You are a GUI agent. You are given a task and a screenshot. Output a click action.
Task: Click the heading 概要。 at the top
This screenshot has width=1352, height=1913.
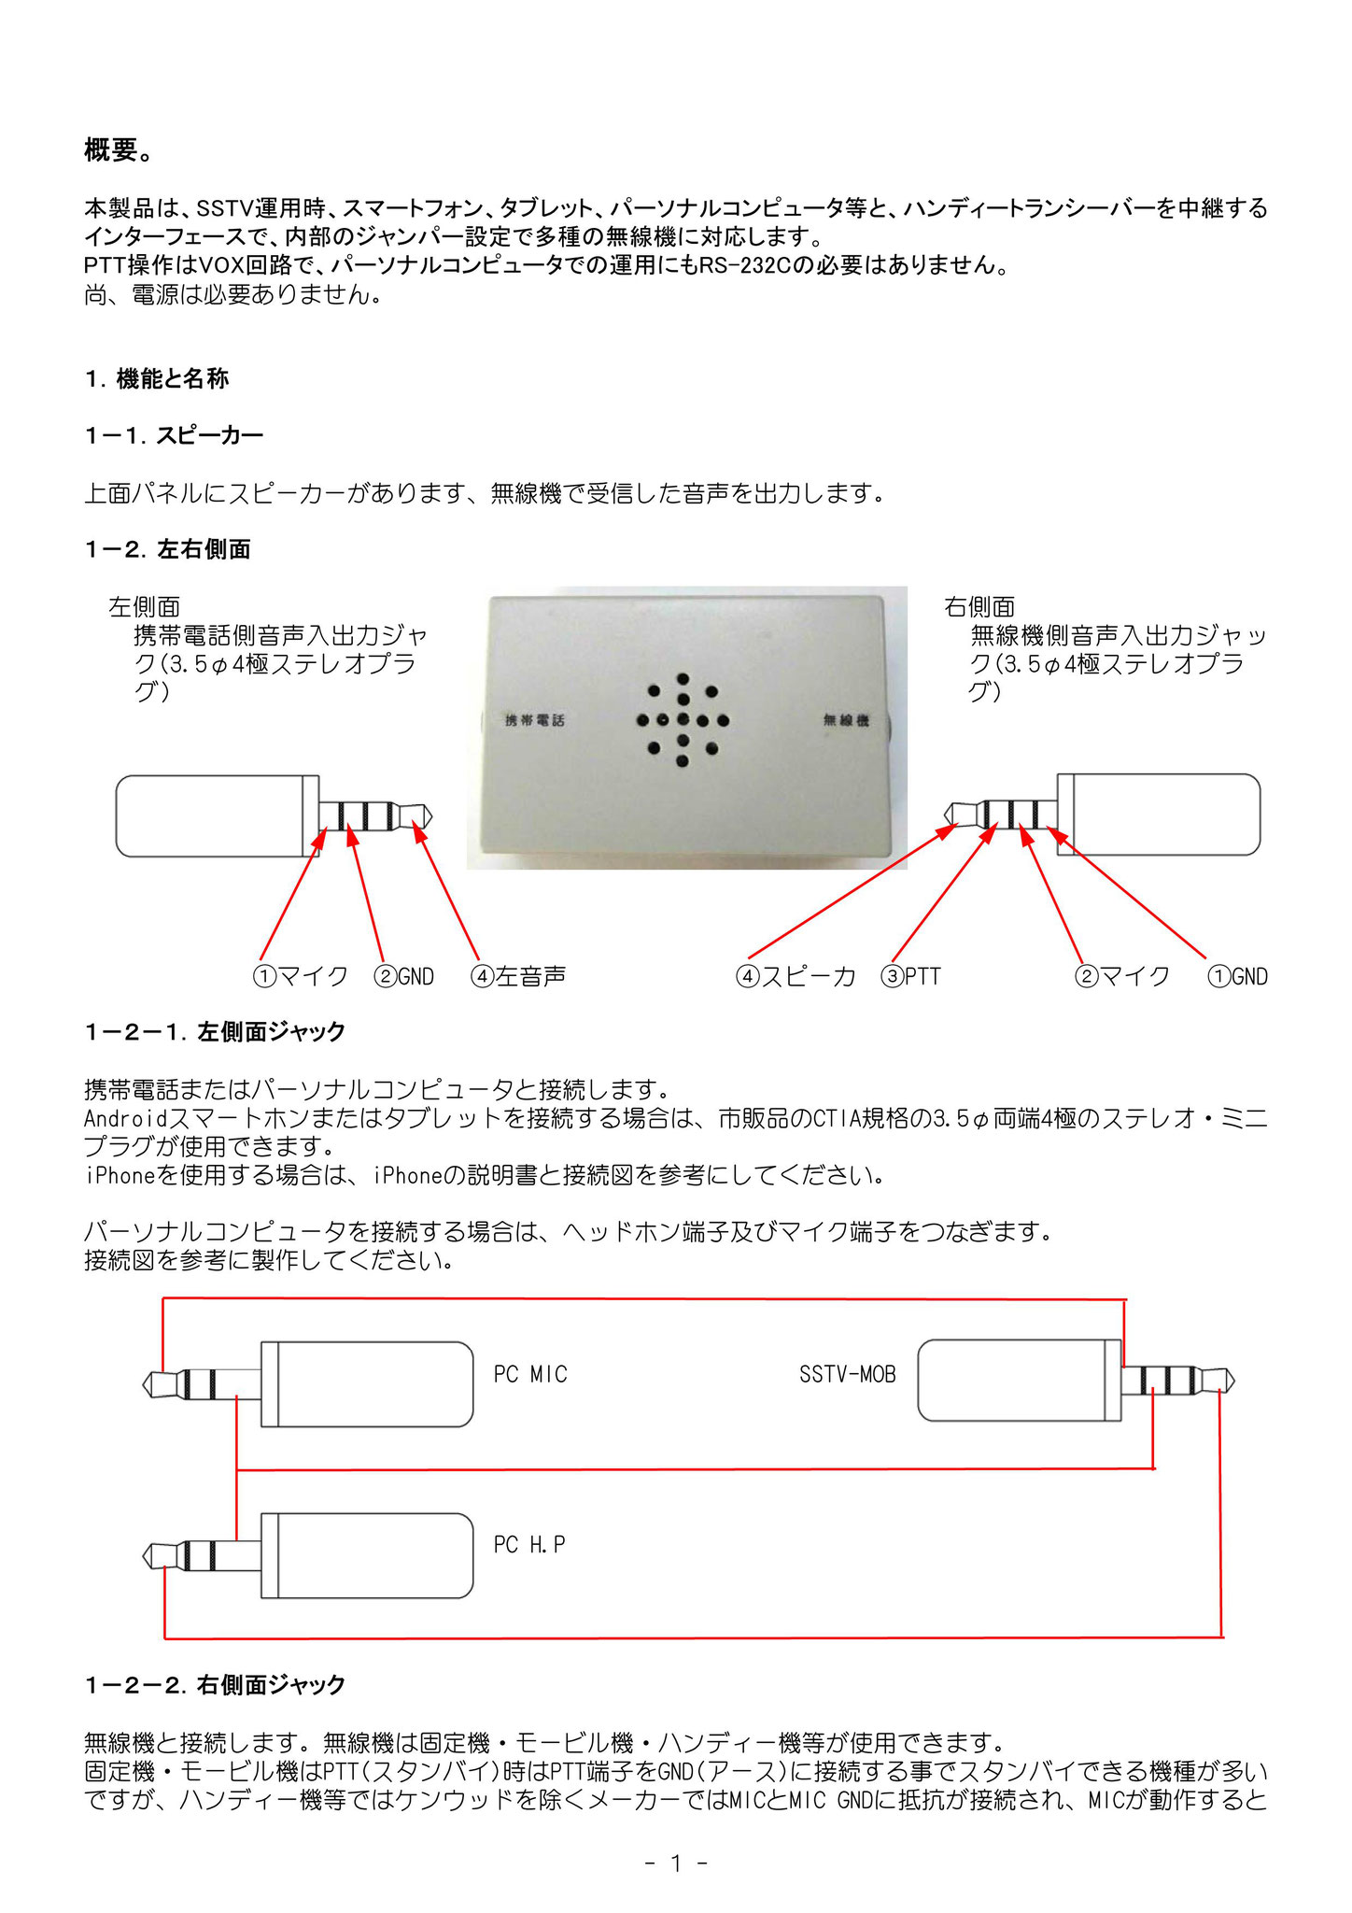(x=119, y=149)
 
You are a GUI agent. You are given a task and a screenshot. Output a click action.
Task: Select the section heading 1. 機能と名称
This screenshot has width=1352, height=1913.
(x=157, y=379)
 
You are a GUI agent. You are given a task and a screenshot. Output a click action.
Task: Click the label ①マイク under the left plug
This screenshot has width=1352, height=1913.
(x=301, y=977)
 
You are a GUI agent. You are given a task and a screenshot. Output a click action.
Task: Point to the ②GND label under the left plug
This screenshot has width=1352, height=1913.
(x=404, y=977)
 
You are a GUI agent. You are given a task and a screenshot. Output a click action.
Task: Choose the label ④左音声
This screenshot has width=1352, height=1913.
(x=518, y=977)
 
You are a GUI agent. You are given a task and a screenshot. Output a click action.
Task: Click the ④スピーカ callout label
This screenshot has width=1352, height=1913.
(x=796, y=977)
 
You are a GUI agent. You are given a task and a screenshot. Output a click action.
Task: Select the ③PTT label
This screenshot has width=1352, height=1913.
(x=911, y=977)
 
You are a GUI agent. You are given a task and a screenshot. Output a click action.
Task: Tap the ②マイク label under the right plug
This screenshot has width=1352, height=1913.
(x=1122, y=977)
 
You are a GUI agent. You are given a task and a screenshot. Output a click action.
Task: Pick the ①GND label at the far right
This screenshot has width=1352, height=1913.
(x=1238, y=977)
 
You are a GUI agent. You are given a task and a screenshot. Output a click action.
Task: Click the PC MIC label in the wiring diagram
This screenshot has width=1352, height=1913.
(x=530, y=1375)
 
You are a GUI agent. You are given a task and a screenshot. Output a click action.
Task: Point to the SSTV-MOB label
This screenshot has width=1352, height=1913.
(x=847, y=1375)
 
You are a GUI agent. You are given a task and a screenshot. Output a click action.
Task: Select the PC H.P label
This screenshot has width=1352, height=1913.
(x=529, y=1546)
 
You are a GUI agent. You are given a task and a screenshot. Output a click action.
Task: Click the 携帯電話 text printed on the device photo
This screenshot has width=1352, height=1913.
(x=535, y=720)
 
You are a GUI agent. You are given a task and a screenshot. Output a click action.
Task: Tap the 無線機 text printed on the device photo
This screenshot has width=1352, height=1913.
(x=846, y=720)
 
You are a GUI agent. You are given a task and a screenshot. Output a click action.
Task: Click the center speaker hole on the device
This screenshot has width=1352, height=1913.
(x=683, y=720)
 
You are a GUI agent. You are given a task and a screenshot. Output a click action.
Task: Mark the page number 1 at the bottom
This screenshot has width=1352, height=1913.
(x=676, y=1863)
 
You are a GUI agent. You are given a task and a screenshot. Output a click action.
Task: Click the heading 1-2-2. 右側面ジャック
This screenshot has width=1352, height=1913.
(x=215, y=1685)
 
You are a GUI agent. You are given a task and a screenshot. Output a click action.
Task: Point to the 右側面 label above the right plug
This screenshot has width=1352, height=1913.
(x=979, y=607)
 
